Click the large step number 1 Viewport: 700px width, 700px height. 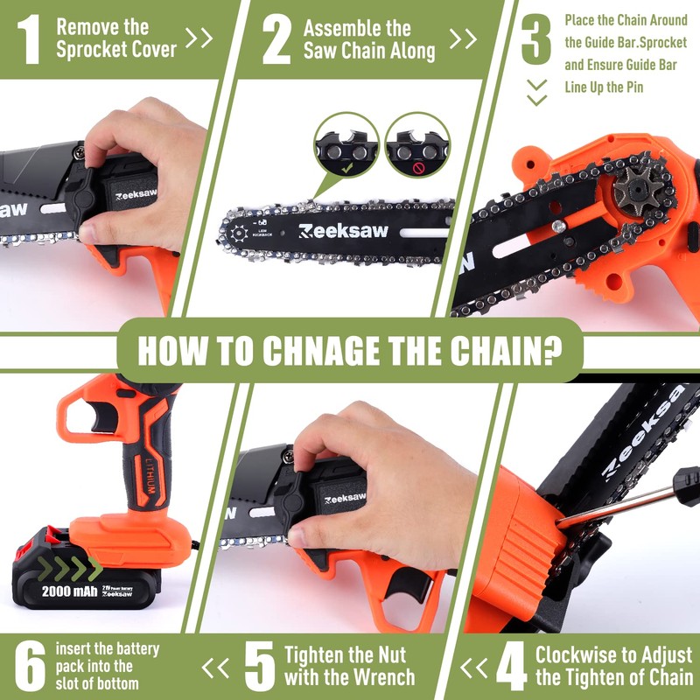[x=30, y=40]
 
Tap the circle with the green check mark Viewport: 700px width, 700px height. [x=346, y=144]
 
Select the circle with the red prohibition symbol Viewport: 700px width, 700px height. [x=416, y=144]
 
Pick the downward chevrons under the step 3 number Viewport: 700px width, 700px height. [x=536, y=91]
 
